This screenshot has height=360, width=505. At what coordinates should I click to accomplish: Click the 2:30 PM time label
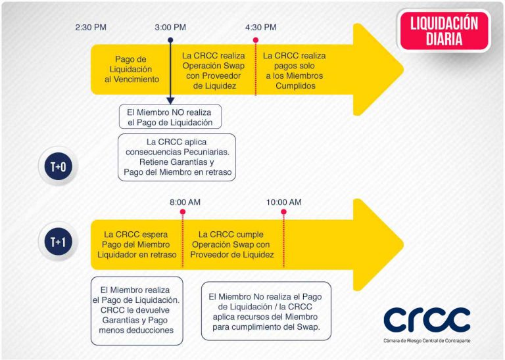91,28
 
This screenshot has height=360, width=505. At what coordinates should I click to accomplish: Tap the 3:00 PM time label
170,28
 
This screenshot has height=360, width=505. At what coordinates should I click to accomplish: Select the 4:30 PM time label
261,28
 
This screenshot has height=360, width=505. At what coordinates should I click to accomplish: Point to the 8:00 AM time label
185,202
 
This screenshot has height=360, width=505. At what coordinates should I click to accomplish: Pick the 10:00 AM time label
284,202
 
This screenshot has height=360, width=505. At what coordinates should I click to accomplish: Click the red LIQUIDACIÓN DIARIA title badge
444,31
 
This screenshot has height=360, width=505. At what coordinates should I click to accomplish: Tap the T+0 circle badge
59,167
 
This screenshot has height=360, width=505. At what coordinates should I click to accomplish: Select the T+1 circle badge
59,241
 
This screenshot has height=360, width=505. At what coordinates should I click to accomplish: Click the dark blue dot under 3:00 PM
170,40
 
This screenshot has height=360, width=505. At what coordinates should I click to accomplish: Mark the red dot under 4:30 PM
256,40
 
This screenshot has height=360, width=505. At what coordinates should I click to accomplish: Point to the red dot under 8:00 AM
183,212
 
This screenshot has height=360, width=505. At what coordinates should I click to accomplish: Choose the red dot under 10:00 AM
284,212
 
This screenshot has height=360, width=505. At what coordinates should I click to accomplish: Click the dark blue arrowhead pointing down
170,101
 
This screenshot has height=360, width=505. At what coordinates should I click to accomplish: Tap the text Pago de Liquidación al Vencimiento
132,69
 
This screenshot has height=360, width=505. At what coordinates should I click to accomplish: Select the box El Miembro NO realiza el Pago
170,117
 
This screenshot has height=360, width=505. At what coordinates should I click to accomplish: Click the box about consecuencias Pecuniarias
177,157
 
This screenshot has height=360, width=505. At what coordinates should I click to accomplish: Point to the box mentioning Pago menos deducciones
137,311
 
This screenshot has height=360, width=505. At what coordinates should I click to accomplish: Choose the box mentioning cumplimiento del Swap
266,311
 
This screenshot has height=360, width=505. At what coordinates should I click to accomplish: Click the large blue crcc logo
427,319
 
